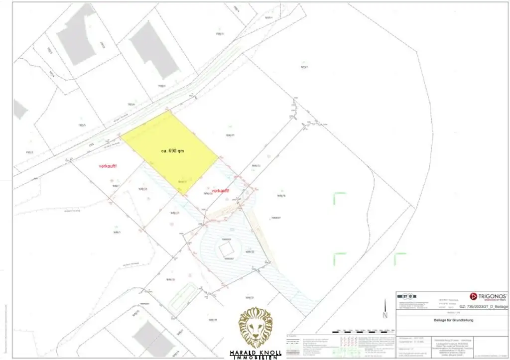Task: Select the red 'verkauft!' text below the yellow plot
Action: (x=220, y=191)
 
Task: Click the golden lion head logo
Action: (x=255, y=327)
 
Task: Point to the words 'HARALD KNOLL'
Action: (x=255, y=353)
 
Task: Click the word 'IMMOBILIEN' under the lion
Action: (x=255, y=358)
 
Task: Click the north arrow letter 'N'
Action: (x=384, y=315)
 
